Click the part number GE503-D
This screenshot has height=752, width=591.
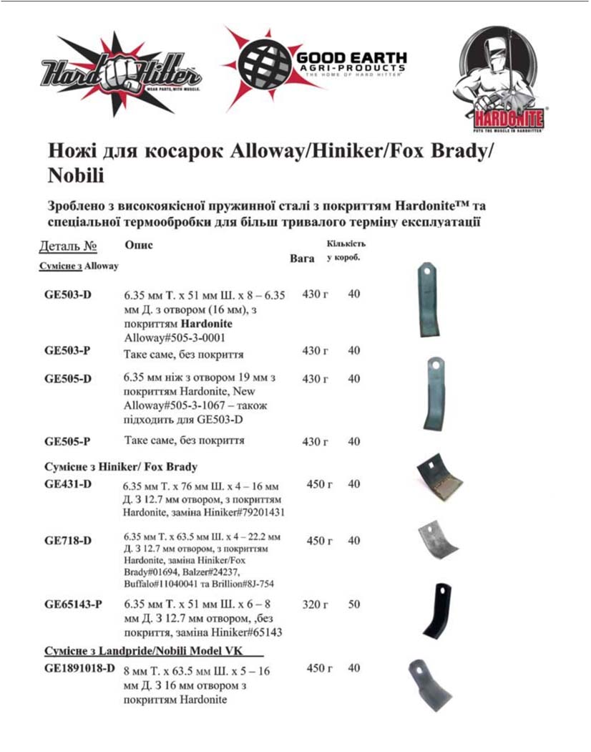(x=68, y=295)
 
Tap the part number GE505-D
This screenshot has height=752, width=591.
(x=68, y=378)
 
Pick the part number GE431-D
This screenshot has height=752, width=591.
(x=68, y=484)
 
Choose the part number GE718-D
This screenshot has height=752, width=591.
(x=68, y=541)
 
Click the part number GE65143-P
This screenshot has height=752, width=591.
(x=73, y=604)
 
